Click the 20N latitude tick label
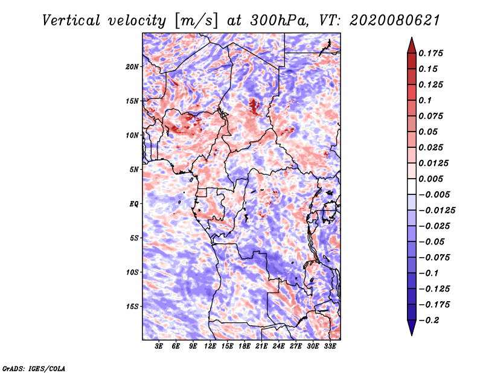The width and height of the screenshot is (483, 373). [x=132, y=66]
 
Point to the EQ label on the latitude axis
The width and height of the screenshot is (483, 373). [x=134, y=204]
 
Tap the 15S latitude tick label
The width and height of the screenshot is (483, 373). [x=132, y=307]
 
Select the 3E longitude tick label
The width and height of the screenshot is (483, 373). [x=159, y=346]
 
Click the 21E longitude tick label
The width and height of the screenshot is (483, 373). [x=261, y=346]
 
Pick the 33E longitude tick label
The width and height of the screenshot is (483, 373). [x=330, y=346]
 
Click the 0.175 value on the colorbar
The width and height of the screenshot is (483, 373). [x=430, y=53]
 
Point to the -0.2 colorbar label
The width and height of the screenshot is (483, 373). [x=429, y=320]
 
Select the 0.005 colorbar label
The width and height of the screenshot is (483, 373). [x=430, y=179]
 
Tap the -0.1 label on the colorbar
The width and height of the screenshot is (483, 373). [x=429, y=273]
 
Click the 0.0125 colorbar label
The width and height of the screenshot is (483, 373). [x=433, y=163]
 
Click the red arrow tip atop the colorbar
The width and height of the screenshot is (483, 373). [x=412, y=37]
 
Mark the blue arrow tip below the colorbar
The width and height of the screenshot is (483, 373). [x=412, y=335]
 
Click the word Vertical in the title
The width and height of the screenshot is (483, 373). [x=71, y=21]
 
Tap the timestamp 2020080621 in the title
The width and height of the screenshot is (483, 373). [x=395, y=21]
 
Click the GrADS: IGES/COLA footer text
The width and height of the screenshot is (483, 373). [x=34, y=369]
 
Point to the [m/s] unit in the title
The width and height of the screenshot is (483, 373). [x=196, y=21]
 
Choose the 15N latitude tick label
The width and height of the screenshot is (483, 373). [x=132, y=101]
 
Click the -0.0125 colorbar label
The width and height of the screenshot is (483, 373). [x=437, y=211]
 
